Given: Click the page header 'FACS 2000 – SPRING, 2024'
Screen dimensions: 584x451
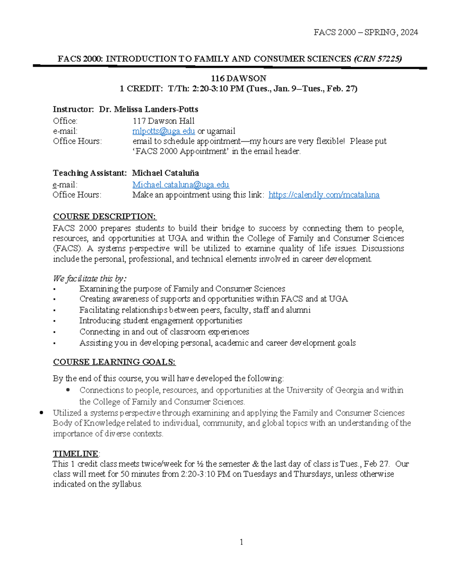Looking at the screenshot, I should click(x=366, y=32).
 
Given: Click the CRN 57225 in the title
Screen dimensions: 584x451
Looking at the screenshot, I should click(x=378, y=59).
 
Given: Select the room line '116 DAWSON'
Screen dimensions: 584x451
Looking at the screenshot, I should click(x=238, y=79).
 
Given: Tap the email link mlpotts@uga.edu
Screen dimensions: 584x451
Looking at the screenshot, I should click(x=163, y=131).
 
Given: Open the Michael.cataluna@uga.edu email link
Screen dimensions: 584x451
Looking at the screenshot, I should click(x=180, y=185).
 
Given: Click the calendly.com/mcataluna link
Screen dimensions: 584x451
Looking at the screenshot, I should click(x=324, y=195).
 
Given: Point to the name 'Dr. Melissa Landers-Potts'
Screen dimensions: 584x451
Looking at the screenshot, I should click(x=148, y=109).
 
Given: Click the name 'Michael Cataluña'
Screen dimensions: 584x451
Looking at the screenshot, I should click(x=165, y=173).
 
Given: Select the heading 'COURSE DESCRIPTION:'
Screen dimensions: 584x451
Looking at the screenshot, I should click(x=104, y=217).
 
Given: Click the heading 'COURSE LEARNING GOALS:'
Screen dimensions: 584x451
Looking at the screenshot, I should click(x=114, y=362).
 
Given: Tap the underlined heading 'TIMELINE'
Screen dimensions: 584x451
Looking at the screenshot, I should click(x=75, y=454).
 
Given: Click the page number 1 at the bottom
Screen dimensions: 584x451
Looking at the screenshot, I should click(x=241, y=542).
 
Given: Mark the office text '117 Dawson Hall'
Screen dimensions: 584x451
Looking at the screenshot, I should click(x=163, y=121).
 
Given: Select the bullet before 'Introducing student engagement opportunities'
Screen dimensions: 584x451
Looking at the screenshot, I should click(x=54, y=322).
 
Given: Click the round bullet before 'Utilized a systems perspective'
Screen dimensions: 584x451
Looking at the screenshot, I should click(x=41, y=413).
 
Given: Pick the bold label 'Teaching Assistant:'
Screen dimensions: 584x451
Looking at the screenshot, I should click(x=89, y=173).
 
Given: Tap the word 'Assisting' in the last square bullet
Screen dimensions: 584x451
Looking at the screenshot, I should click(x=95, y=343).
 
